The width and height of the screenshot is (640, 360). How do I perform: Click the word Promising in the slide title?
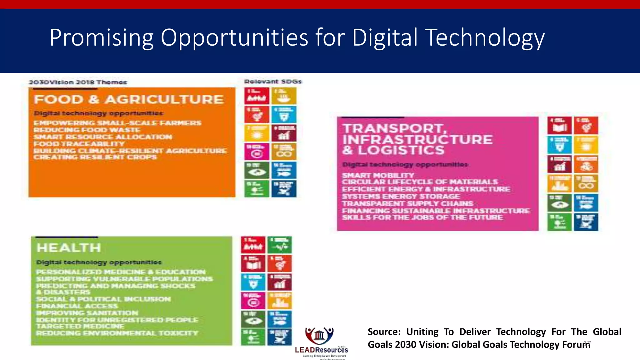101,38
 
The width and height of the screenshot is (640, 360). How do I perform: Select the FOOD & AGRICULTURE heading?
128,99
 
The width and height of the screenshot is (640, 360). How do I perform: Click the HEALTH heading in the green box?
69,248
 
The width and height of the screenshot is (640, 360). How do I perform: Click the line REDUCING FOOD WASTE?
87,130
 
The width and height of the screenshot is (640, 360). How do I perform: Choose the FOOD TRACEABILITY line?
79,144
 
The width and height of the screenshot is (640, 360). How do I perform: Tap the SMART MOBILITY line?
378,175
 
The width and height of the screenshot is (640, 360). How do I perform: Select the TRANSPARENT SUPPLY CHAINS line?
407,203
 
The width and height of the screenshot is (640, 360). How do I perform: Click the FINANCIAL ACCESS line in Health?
77,306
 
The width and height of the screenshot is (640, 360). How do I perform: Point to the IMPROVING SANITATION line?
87,313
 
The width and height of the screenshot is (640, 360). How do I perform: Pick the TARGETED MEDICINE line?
80,326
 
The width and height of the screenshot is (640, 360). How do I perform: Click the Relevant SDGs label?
273,82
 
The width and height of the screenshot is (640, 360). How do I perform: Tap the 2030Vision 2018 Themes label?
78,82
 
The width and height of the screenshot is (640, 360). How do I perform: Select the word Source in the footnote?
384,332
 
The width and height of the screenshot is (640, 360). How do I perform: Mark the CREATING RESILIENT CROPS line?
95,157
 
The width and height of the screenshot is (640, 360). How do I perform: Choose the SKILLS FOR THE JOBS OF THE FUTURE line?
422,217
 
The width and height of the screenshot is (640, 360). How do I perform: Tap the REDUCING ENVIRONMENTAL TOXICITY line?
117,333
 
